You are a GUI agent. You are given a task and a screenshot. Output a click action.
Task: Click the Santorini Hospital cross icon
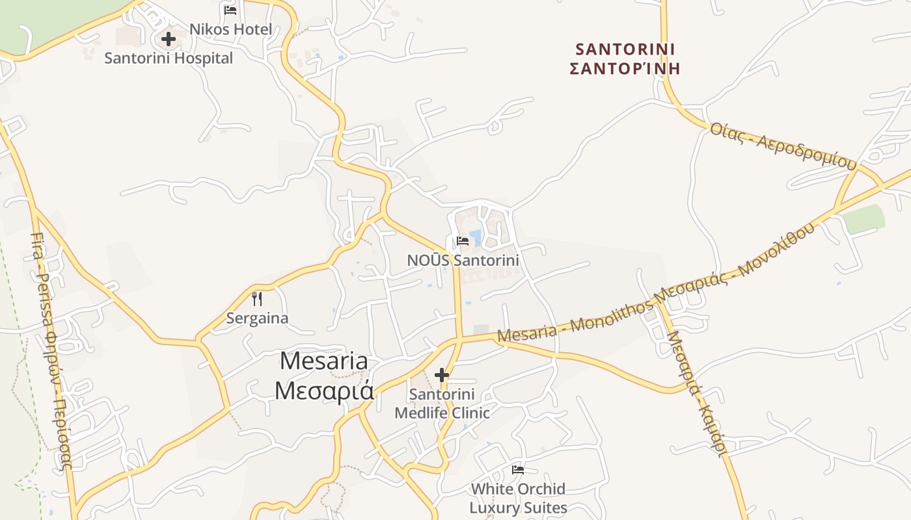coord(169,39)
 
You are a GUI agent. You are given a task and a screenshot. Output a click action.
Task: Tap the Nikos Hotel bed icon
coord(230,10)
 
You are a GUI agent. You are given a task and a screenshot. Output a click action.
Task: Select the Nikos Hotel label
coord(230,29)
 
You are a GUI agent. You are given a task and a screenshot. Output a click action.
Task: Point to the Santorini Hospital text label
coord(169,58)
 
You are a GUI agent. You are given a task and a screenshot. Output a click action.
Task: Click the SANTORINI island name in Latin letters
coord(625,49)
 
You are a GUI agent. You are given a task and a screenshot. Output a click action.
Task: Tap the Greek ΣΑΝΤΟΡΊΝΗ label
coord(625,68)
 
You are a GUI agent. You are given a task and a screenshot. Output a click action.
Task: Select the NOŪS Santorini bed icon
coord(463,240)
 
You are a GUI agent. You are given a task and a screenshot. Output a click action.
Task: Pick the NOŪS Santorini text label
coord(463,260)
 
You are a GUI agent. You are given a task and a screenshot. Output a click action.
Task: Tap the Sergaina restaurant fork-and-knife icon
coord(257,299)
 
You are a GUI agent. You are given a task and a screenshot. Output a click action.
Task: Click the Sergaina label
coord(257,318)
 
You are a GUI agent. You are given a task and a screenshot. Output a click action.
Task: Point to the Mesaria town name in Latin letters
coord(323,361)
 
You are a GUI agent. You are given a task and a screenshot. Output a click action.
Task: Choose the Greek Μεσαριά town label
coord(323,391)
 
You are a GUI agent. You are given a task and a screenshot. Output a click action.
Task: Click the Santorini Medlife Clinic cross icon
coord(442,375)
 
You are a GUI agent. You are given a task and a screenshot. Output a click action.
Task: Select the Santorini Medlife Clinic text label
coord(442,404)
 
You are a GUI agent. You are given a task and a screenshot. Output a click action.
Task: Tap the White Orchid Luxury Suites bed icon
coord(518,469)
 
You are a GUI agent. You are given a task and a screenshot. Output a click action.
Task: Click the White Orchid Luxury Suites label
coord(518,498)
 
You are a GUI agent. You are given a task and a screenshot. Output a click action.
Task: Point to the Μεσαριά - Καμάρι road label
coord(696,393)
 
